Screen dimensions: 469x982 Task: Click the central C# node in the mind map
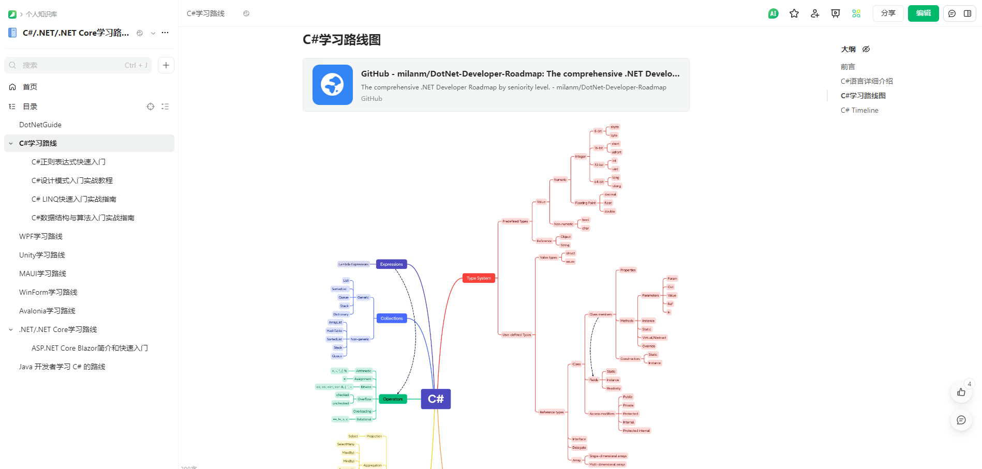point(436,399)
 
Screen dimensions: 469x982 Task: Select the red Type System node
point(479,278)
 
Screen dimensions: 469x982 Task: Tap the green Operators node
point(393,399)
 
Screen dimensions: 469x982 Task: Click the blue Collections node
point(392,319)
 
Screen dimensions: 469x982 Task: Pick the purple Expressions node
point(391,264)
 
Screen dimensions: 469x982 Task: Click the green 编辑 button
point(923,13)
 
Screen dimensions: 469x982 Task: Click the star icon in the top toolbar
point(794,13)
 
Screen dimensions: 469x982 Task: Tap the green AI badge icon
point(773,13)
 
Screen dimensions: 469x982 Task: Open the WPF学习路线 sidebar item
point(41,236)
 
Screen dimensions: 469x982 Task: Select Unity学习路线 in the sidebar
point(42,255)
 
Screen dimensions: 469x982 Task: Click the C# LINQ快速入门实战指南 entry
point(74,199)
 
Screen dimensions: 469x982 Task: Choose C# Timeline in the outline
point(859,110)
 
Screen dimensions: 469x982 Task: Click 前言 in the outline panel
point(847,67)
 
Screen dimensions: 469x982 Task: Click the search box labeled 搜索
point(78,65)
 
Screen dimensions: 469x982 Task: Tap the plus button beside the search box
point(166,65)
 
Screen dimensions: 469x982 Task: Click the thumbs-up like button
point(961,392)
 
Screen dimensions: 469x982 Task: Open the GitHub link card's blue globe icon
point(333,85)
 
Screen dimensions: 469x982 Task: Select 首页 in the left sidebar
point(30,87)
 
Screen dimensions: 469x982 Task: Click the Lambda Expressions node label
point(353,264)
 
